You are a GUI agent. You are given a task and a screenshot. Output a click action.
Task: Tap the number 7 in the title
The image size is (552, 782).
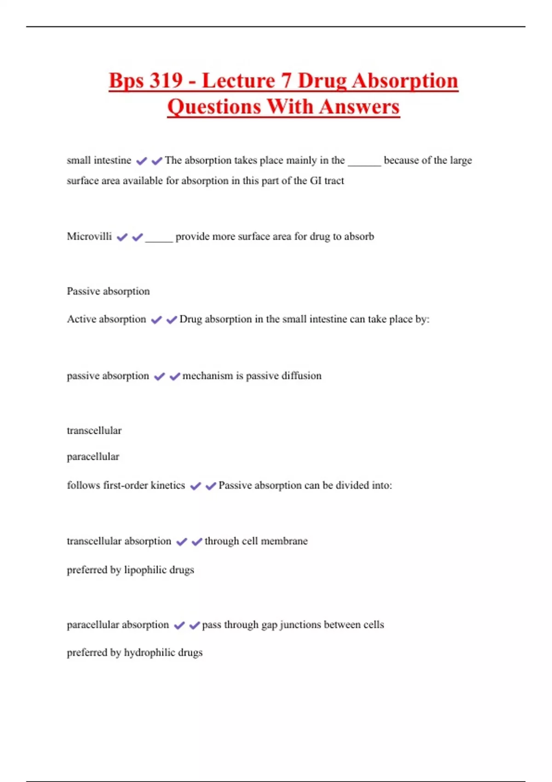point(286,80)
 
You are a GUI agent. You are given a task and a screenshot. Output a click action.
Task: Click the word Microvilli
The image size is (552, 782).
point(89,236)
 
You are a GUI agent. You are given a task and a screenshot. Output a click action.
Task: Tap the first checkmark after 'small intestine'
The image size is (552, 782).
point(142,161)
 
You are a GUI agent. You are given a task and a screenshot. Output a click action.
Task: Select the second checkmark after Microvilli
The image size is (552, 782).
point(138,237)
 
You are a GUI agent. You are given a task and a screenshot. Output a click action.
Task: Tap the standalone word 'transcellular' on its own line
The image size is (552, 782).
point(94,431)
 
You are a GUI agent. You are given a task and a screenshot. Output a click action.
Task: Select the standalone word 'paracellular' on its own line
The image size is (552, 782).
point(93,457)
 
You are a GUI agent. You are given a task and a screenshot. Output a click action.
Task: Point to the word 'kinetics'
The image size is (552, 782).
point(168,485)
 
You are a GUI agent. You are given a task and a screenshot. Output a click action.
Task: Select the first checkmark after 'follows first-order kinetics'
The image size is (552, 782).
point(195,486)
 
